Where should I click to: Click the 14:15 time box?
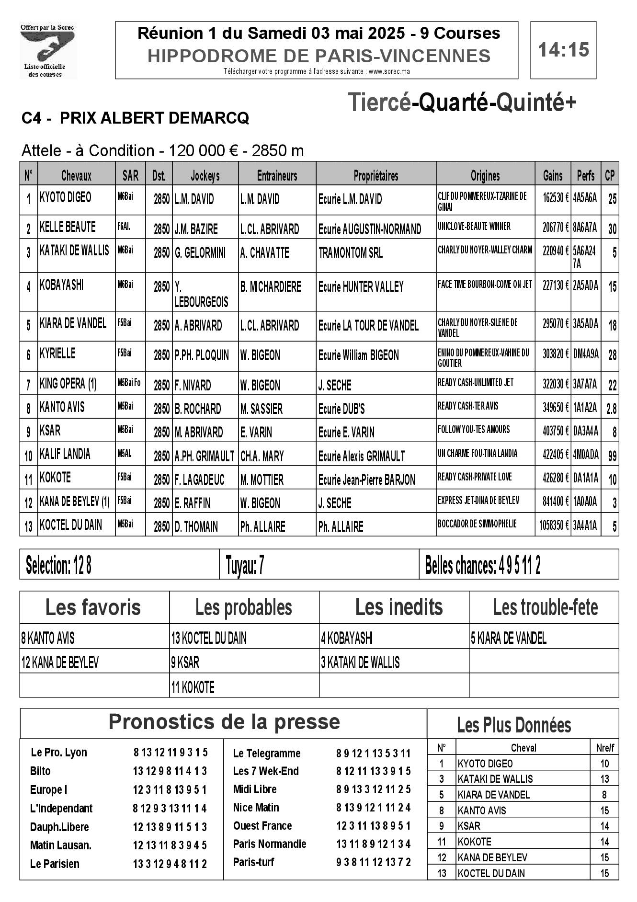[563, 50]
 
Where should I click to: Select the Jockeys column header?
[205, 175]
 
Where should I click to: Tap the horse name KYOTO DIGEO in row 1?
[66, 197]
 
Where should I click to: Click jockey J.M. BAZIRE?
[196, 229]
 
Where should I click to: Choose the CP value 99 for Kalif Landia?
[612, 456]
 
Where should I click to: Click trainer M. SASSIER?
[261, 409]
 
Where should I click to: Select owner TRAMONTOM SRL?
[351, 253]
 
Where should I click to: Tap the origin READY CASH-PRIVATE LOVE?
[475, 477]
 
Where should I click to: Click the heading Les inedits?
[398, 607]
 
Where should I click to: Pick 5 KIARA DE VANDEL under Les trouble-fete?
[508, 638]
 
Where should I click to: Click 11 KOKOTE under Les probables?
[193, 688]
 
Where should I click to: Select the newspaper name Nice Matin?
[256, 808]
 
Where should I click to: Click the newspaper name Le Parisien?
[55, 864]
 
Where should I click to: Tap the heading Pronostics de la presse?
[224, 721]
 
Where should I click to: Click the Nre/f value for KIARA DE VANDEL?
[604, 795]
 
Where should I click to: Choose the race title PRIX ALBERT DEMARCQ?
[154, 118]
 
